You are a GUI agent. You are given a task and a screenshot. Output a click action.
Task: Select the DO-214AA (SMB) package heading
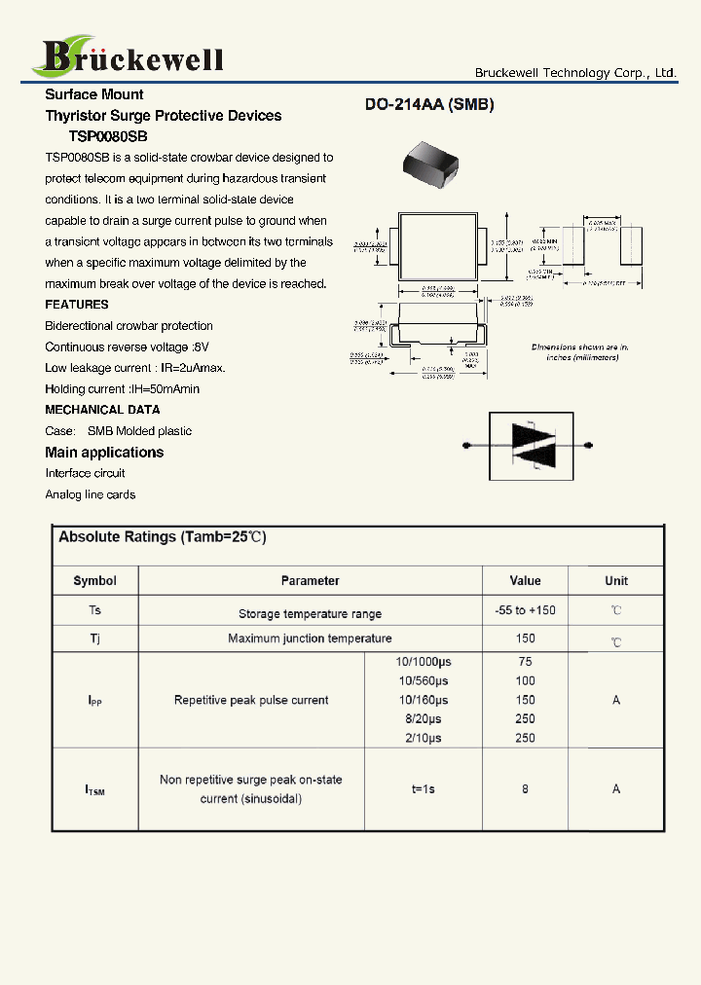(429, 105)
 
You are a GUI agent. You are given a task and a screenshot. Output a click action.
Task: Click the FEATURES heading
(77, 305)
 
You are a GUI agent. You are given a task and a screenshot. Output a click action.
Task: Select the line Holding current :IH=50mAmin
(122, 389)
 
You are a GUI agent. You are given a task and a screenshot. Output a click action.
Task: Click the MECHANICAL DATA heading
(102, 410)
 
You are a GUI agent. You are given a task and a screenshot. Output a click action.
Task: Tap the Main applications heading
(104, 453)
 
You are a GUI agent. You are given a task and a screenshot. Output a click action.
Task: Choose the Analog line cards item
(91, 494)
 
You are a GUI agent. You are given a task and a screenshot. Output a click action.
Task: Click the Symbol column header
(94, 581)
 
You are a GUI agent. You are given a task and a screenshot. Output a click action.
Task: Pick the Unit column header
(615, 581)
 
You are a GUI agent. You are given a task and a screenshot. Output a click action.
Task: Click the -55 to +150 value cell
(525, 610)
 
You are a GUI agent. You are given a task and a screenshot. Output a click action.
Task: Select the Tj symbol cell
(94, 638)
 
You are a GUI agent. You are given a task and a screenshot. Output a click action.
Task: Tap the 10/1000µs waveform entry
(424, 662)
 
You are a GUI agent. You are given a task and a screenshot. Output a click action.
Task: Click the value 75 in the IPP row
(525, 662)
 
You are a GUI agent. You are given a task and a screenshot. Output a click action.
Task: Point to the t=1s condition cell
(424, 789)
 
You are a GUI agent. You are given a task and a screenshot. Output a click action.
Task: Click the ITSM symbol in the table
(94, 790)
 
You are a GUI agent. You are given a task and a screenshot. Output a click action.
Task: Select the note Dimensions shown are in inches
(580, 352)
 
